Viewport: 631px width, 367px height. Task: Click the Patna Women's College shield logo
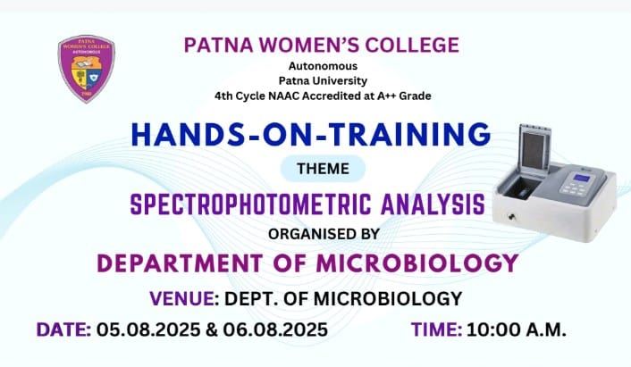click(86, 69)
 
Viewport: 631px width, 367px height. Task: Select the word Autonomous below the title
click(323, 66)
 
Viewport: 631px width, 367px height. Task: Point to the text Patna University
click(323, 80)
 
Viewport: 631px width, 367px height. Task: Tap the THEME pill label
click(323, 169)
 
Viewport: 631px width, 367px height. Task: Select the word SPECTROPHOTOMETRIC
click(251, 204)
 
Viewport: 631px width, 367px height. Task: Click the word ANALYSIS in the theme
click(433, 204)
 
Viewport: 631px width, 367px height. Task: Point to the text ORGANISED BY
click(324, 234)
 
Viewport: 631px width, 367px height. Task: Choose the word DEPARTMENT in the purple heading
click(180, 263)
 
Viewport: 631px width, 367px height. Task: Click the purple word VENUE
click(182, 298)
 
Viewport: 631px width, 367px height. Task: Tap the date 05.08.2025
click(148, 329)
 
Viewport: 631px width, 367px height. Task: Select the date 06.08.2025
click(275, 329)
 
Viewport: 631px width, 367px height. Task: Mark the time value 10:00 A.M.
click(517, 329)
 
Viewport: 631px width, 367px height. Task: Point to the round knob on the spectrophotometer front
click(512, 217)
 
